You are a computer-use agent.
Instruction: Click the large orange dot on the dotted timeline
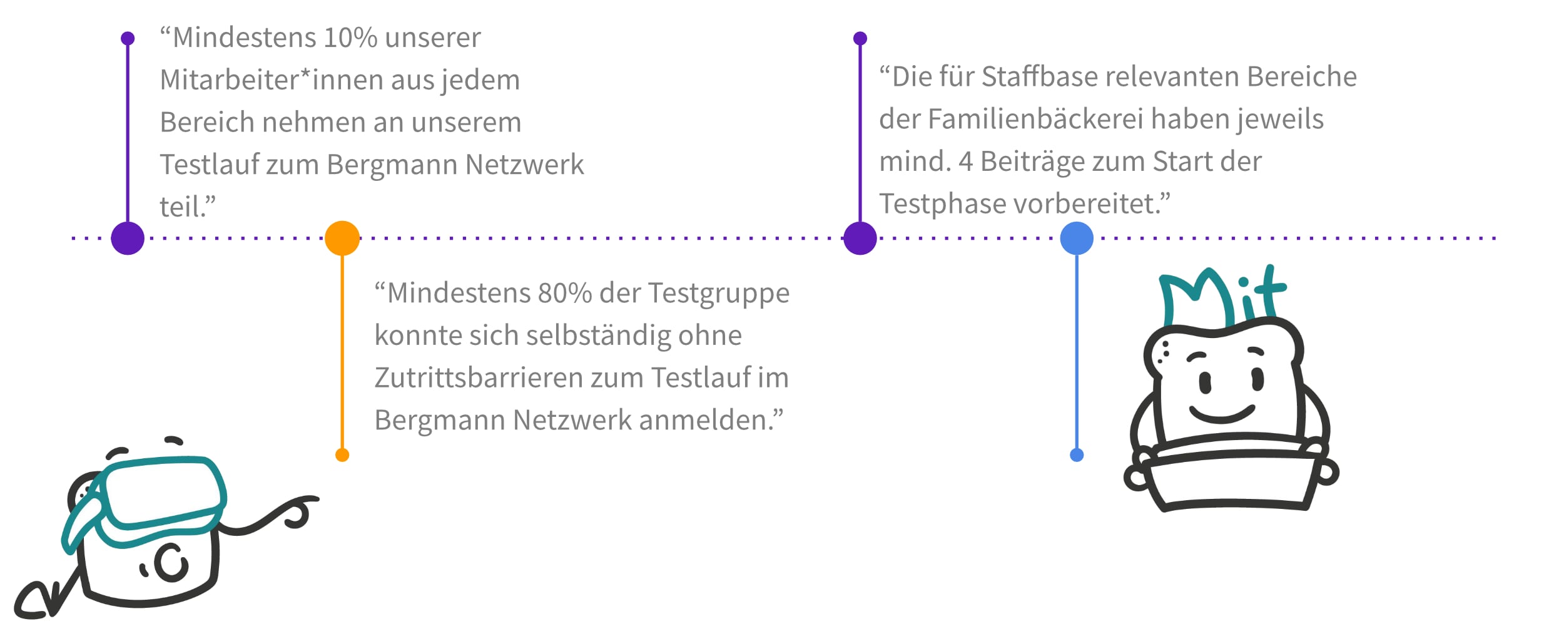342,238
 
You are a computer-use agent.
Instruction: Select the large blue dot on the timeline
1077,238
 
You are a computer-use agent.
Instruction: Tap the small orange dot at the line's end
342,455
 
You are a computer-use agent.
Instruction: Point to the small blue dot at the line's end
1077,455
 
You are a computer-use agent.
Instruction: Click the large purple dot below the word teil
128,238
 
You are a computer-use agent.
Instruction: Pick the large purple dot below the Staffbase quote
860,238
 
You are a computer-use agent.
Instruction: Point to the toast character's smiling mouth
1222,413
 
